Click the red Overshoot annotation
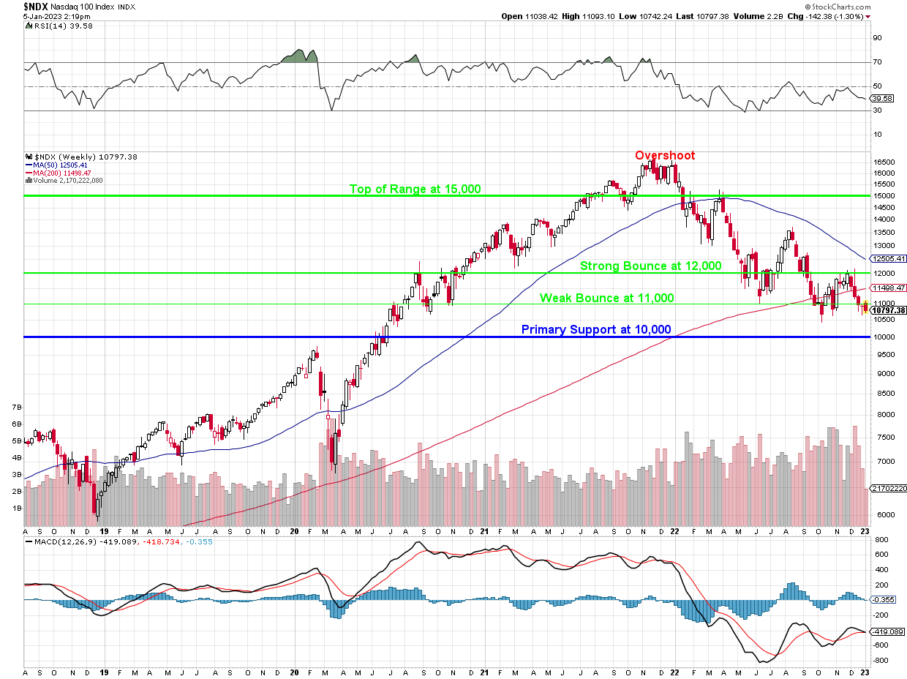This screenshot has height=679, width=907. (664, 155)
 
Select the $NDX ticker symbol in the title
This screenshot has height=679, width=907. (37, 6)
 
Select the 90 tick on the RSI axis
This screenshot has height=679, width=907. (876, 38)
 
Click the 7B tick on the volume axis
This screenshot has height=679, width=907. (16, 406)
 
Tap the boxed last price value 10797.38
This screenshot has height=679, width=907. (887, 310)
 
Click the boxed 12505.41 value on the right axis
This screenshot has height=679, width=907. (887, 258)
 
